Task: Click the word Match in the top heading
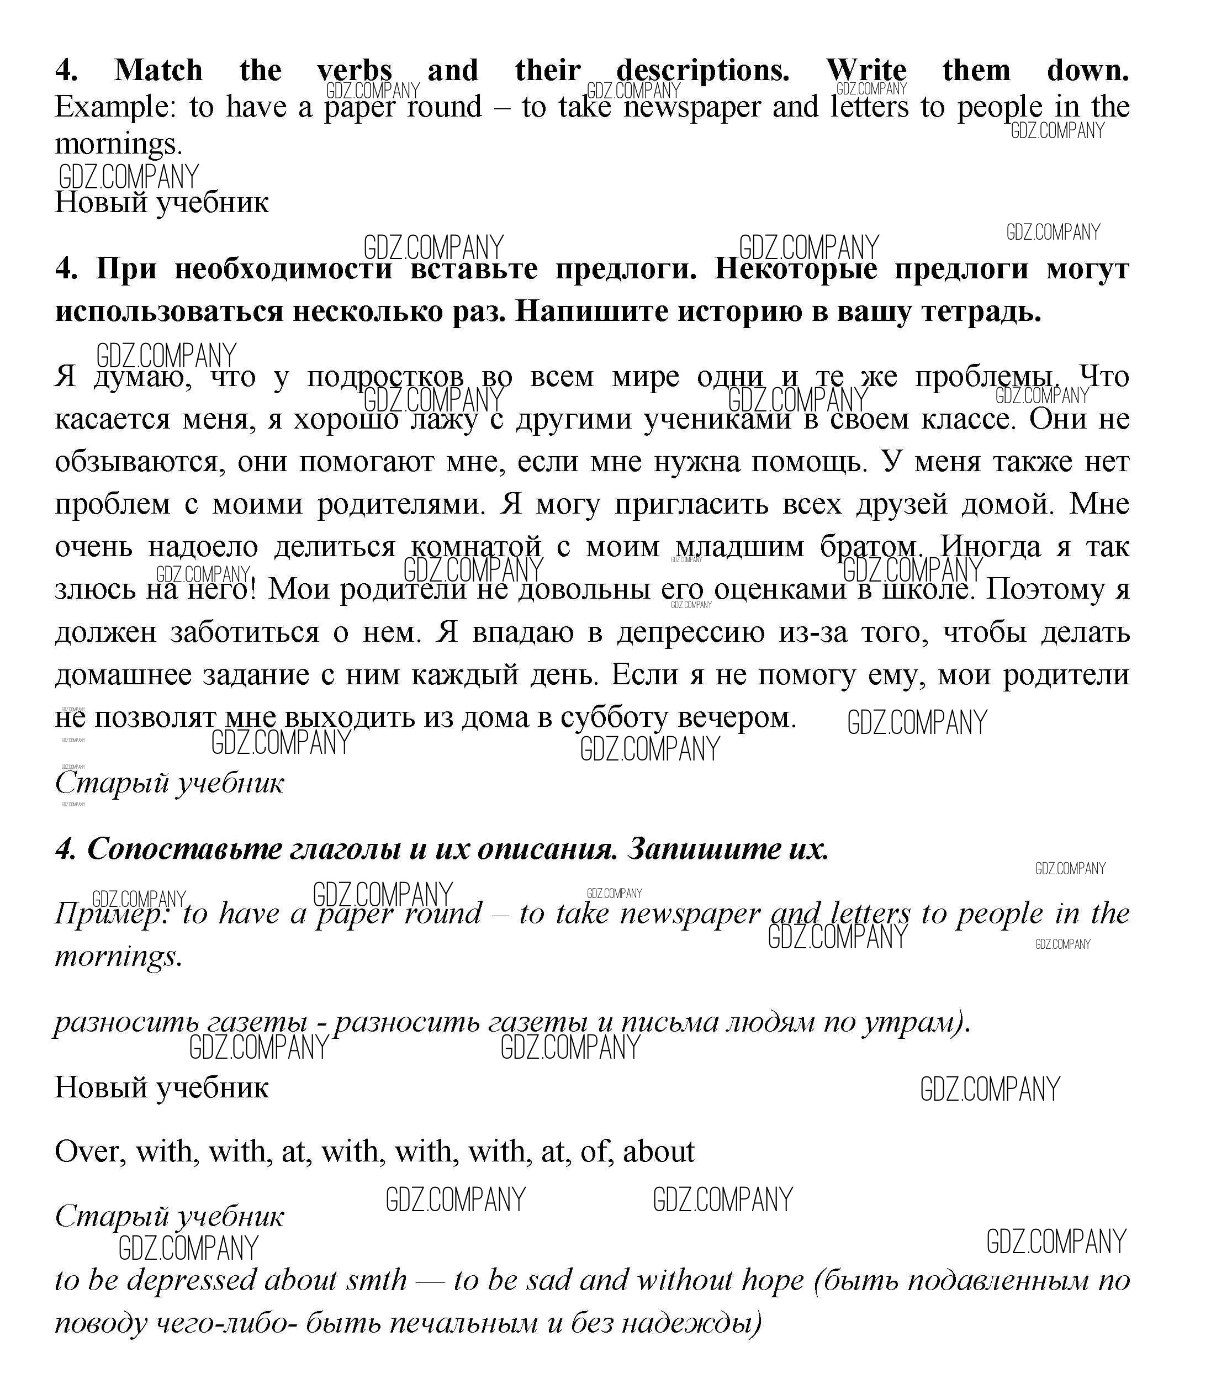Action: pos(158,70)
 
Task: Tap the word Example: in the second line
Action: pos(115,107)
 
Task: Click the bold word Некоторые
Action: pos(795,269)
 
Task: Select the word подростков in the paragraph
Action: pos(385,377)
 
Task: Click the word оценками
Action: pos(780,589)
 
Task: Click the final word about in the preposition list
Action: pos(658,1151)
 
